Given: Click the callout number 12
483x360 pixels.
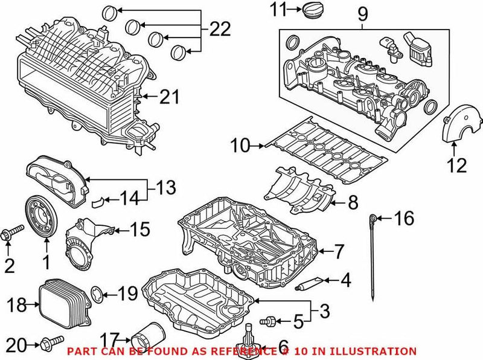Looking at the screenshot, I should tap(457, 164).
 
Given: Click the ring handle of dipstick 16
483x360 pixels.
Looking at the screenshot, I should tap(374, 217).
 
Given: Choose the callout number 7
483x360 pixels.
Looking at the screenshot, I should tap(339, 249).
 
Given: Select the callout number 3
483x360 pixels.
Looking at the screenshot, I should tap(324, 312).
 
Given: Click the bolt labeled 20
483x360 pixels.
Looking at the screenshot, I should tap(52, 344).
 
